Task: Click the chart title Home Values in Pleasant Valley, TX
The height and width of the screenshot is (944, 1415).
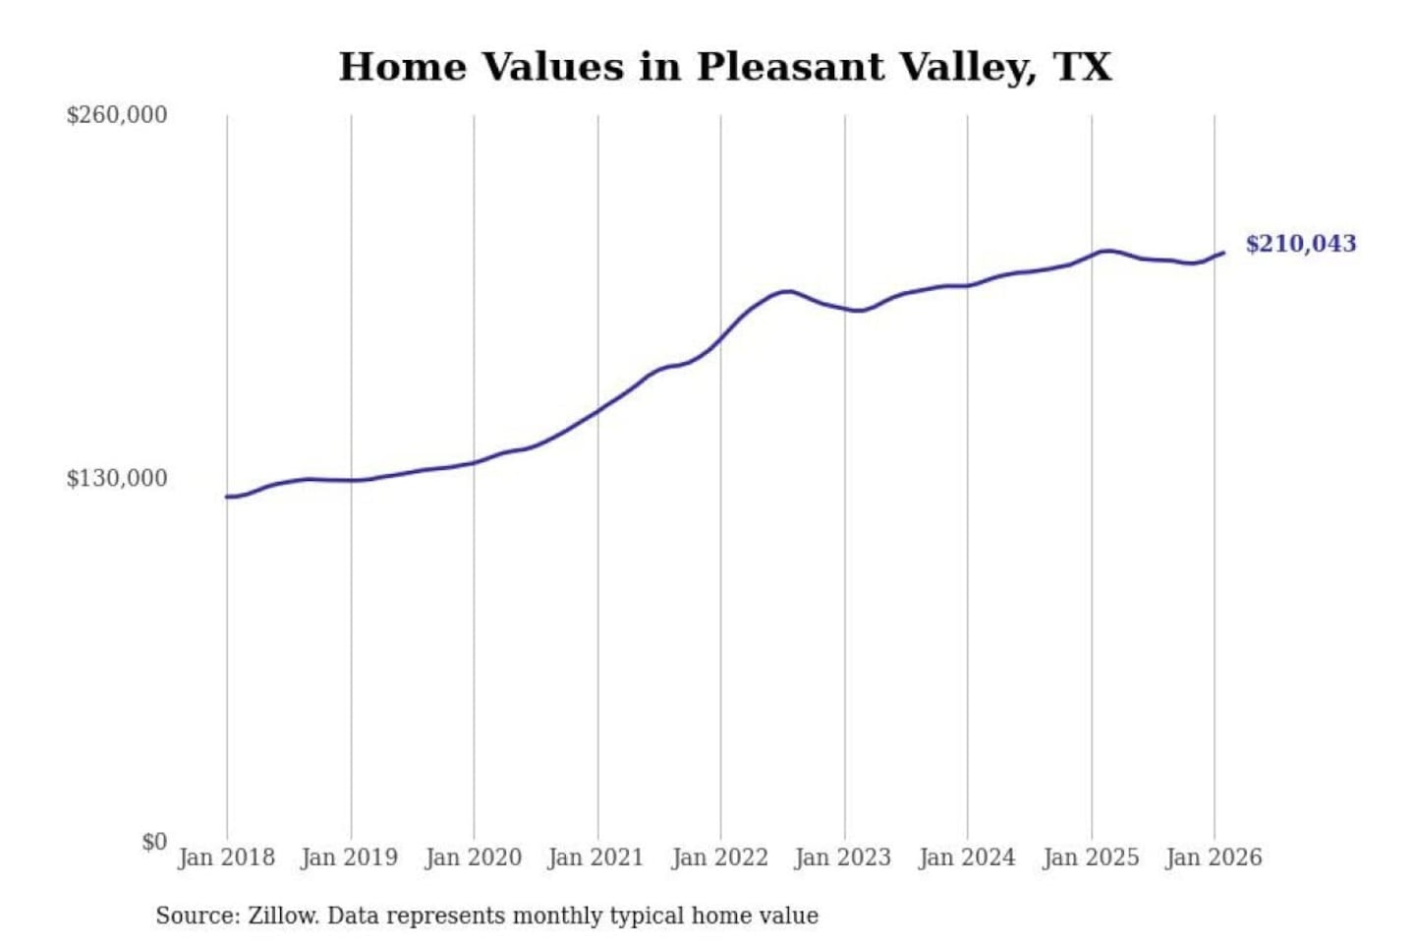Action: coord(725,67)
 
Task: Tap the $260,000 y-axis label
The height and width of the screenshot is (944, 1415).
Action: coord(117,115)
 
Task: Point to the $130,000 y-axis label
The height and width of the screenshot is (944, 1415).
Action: coord(117,479)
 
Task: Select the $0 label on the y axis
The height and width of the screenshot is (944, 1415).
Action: coord(153,842)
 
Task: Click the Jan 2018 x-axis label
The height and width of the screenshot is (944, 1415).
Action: coord(226,857)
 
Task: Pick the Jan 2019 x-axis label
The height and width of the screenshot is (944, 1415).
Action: coord(350,857)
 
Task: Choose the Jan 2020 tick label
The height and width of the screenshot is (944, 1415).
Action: coord(473,857)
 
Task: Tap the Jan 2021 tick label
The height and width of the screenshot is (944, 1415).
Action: coord(595,857)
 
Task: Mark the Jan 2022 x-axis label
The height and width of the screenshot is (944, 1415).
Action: coord(719,857)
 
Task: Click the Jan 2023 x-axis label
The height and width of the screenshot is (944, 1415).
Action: coord(843,857)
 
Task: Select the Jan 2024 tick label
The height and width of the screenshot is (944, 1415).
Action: coord(966,857)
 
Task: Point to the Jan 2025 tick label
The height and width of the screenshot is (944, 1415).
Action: coord(1090,857)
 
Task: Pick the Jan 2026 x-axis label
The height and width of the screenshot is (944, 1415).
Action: coord(1214,857)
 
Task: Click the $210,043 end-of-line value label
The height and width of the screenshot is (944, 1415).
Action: coord(1300,244)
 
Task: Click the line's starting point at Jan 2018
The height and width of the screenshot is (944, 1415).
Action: coord(227,497)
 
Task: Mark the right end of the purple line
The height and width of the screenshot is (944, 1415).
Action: coord(1223,253)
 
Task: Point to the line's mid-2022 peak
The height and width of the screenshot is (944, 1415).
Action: coord(785,291)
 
